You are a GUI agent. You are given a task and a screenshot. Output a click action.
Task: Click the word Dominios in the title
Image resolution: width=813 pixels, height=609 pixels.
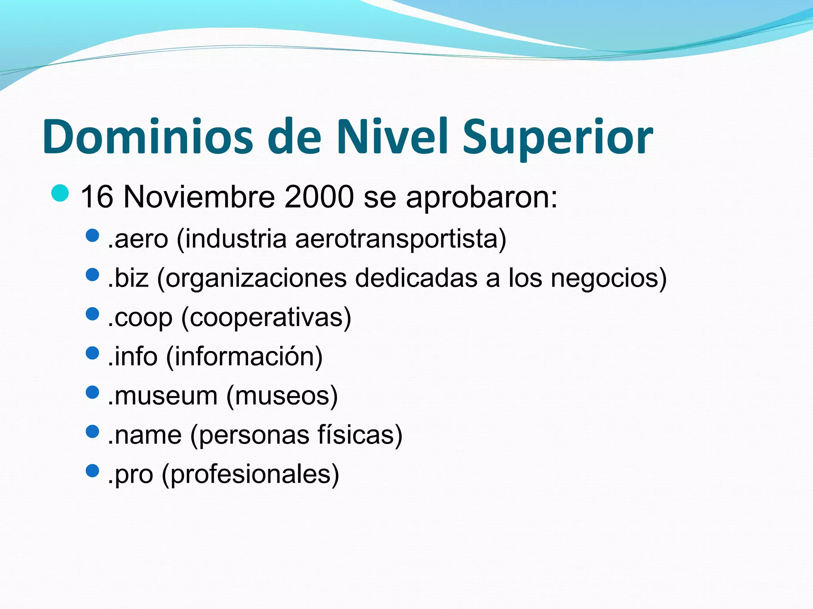click(147, 137)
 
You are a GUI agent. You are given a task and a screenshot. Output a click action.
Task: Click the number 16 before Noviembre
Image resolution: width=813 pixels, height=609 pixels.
click(97, 197)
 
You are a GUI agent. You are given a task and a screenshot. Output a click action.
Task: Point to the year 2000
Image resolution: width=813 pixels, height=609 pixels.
click(319, 197)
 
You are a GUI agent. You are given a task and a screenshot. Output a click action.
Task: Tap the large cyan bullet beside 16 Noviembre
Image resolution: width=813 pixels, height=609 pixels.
click(60, 193)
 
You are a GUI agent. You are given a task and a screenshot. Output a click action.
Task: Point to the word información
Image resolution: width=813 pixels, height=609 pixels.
click(244, 356)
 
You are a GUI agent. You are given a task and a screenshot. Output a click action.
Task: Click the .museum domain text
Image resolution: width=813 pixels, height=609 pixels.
click(162, 396)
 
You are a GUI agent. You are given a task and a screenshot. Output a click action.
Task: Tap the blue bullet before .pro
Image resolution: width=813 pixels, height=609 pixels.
click(92, 471)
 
